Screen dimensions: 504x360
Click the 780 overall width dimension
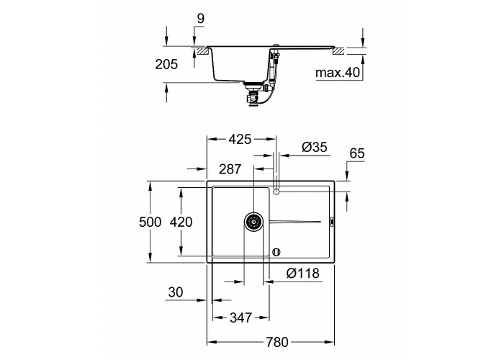click(x=277, y=342)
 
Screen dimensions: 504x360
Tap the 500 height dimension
click(x=150, y=222)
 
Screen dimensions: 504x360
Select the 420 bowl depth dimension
click(x=181, y=222)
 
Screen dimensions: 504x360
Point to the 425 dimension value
click(x=240, y=139)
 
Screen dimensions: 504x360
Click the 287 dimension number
click(x=230, y=168)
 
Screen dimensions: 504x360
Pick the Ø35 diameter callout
click(x=315, y=147)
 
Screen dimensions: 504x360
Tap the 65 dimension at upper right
click(x=357, y=153)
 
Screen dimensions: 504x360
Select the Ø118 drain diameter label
click(x=303, y=273)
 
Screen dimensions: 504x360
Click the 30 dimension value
click(x=176, y=292)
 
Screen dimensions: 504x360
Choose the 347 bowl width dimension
click(x=240, y=318)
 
